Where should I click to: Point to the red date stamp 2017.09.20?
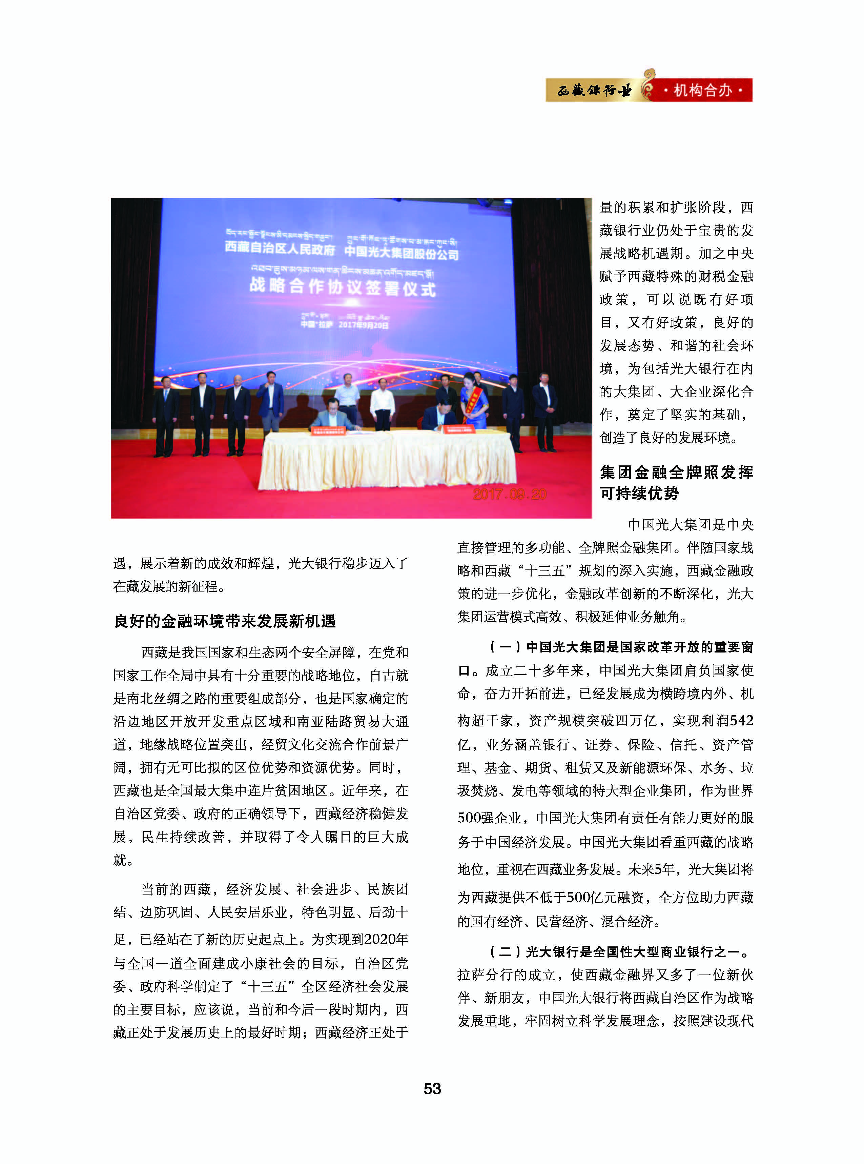coord(509,494)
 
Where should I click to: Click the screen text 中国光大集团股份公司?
coord(401,253)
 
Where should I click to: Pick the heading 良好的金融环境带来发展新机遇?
coord(225,621)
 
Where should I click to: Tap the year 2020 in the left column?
coord(379,939)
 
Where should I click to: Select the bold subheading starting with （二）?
coord(620,951)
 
